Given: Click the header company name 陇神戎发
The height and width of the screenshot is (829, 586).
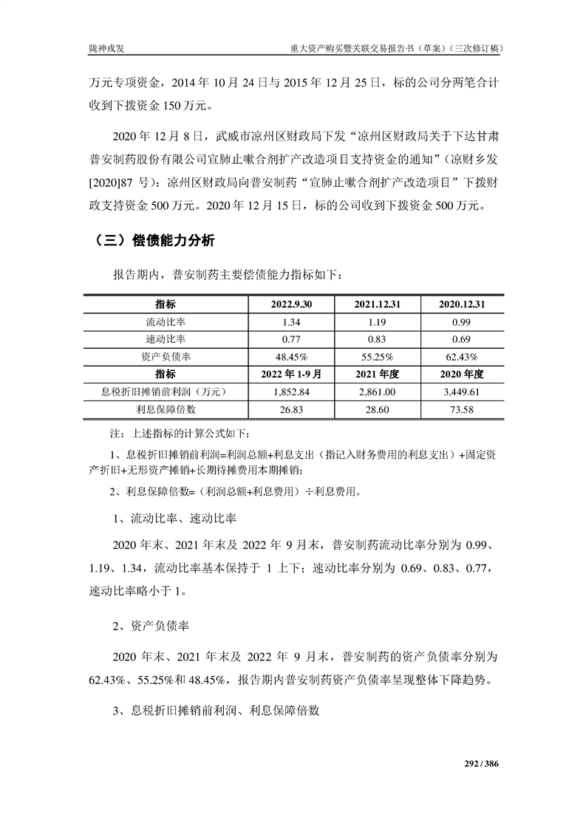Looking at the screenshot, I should tap(105, 50).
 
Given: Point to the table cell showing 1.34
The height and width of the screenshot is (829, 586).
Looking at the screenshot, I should tap(293, 322).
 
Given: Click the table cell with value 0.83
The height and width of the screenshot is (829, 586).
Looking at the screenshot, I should tap(377, 339).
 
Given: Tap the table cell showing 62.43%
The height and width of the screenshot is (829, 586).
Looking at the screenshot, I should tap(463, 357).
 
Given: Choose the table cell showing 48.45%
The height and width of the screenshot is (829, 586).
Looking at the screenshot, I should tap(293, 357).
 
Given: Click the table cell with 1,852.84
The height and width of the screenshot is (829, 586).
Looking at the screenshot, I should tap(293, 392).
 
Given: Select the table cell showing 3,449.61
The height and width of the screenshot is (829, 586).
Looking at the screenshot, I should tap(463, 392).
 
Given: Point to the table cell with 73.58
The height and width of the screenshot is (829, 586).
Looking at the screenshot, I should tap(463, 409).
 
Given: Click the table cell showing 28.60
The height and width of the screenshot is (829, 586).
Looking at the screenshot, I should tap(377, 409).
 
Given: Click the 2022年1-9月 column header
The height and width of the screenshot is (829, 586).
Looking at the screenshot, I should tap(293, 374).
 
